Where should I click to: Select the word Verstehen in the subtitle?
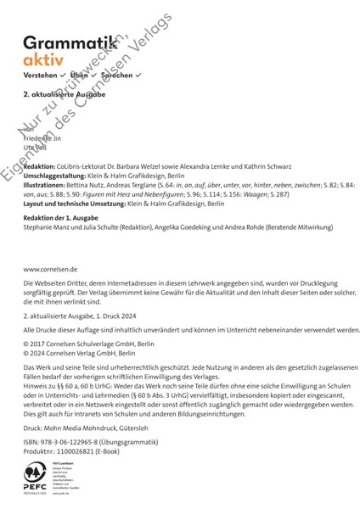(41, 76)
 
